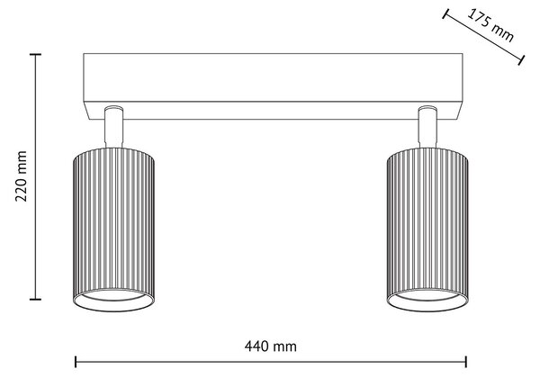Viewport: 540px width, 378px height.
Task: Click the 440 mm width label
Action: point(270,346)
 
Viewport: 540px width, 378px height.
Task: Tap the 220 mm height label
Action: point(22,175)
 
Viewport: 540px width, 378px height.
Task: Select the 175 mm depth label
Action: point(490,24)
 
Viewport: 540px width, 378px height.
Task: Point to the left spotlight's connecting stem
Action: point(114,127)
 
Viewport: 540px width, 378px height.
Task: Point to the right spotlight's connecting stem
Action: point(427,127)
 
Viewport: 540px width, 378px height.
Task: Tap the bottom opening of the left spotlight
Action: point(113,301)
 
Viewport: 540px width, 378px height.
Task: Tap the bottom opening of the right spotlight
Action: point(427,301)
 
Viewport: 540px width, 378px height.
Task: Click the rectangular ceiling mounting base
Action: point(273,86)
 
